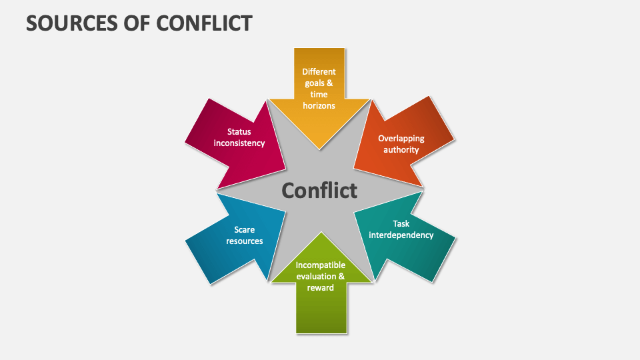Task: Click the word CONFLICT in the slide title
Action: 205,23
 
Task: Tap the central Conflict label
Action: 319,191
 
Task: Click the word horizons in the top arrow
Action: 319,105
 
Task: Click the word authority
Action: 401,150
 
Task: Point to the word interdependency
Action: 401,235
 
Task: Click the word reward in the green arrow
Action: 320,287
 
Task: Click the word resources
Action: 245,241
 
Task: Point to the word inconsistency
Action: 239,143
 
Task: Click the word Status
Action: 239,132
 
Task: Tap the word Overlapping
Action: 401,138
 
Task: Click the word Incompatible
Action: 321,265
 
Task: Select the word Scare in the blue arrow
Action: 245,230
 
